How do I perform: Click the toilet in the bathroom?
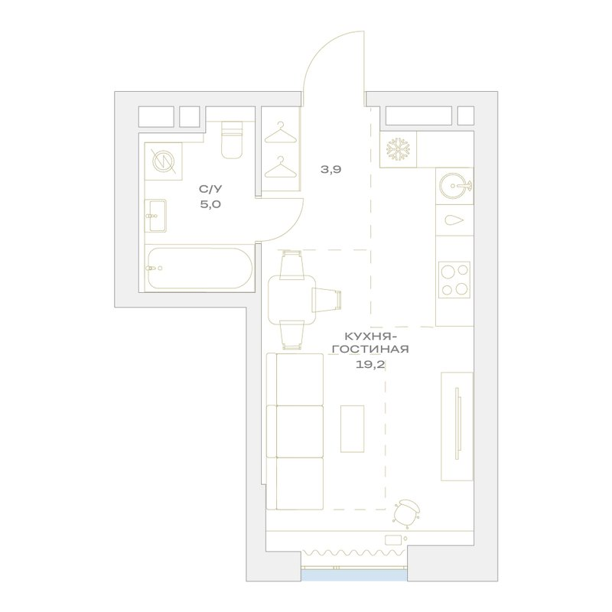(x=232, y=140)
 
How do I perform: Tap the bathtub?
(x=199, y=269)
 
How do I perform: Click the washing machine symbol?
(x=163, y=161)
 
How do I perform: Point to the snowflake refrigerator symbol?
(x=398, y=149)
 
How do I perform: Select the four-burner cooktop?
(x=454, y=279)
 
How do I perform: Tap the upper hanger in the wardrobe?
(x=280, y=132)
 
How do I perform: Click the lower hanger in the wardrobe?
(x=280, y=167)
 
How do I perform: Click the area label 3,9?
(x=330, y=169)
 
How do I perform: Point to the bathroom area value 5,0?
(x=211, y=204)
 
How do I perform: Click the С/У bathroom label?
(x=211, y=189)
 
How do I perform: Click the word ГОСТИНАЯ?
(x=371, y=349)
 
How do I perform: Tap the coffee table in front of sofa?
(x=353, y=428)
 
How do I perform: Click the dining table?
(x=291, y=300)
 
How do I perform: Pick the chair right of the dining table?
(x=327, y=300)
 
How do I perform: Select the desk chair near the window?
(x=407, y=511)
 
